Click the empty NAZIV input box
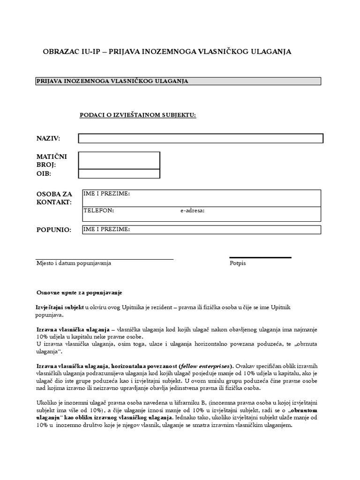(x=201, y=138)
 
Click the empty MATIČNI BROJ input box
(x=119, y=160)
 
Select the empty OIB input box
(x=119, y=174)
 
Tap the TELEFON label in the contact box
(x=98, y=210)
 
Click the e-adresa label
(x=192, y=211)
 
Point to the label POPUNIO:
(x=54, y=230)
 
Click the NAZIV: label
(x=49, y=138)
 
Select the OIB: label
(x=44, y=174)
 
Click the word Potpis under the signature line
(x=238, y=263)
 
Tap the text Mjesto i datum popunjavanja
(x=74, y=263)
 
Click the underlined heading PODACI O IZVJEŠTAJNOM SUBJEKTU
(x=138, y=115)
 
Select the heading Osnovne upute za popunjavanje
(x=79, y=292)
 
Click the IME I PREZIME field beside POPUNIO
(x=202, y=229)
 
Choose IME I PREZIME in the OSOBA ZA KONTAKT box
(x=106, y=194)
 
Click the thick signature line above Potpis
(x=260, y=257)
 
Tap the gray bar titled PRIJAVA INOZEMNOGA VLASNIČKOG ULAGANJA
(x=178, y=81)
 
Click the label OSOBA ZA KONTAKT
(x=54, y=198)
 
